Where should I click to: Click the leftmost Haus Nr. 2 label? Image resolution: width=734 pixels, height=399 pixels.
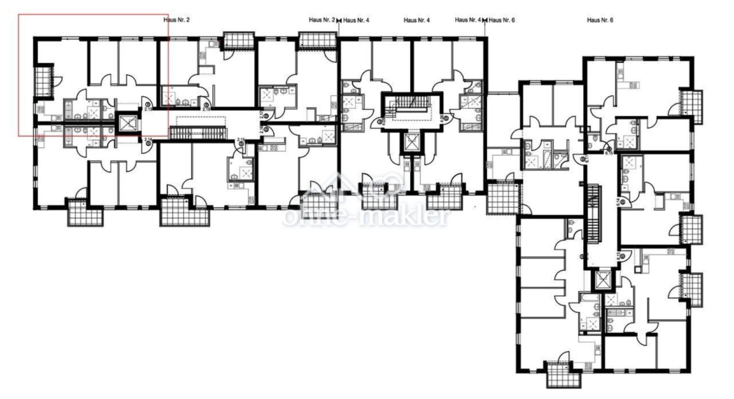(x=177, y=20)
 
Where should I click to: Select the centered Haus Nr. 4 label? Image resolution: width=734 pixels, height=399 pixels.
(x=416, y=20)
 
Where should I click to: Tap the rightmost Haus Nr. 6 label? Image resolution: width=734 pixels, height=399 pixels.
(x=600, y=20)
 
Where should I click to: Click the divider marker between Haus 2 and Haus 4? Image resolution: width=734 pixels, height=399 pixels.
(x=339, y=20)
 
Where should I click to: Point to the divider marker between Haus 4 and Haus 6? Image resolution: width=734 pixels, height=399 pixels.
(x=485, y=20)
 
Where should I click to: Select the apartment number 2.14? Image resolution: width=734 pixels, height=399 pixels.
(x=148, y=139)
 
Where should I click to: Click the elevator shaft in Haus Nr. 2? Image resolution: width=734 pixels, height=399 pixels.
(x=128, y=124)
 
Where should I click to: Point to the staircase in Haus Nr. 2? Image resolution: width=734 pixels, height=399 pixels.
(x=198, y=133)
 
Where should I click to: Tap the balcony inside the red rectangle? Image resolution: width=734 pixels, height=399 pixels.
(x=43, y=80)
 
